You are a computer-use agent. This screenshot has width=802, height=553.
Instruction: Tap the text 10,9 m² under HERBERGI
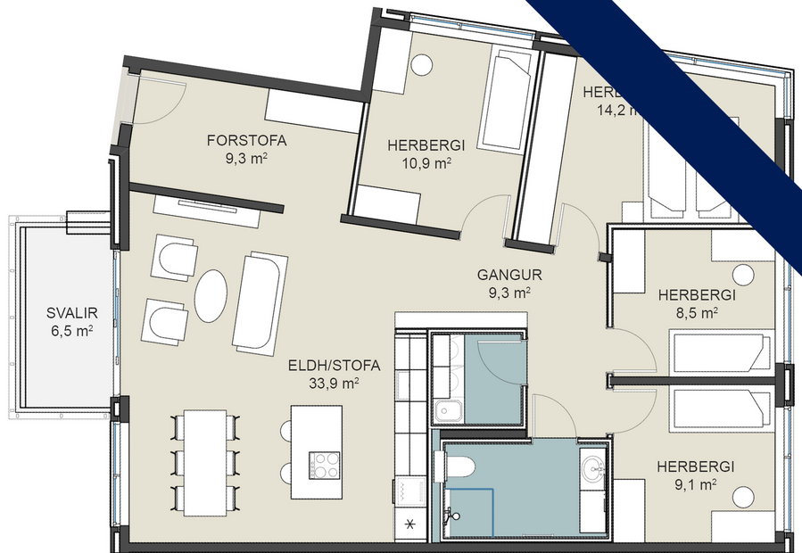pyautogui.click(x=418, y=163)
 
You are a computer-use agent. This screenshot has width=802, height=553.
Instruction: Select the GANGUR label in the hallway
pyautogui.click(x=509, y=275)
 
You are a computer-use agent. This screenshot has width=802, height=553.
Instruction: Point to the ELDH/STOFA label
pyautogui.click(x=335, y=365)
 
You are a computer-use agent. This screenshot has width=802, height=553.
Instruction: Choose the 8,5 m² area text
pyautogui.click(x=696, y=312)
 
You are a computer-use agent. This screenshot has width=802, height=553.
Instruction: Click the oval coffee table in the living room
pyautogui.click(x=212, y=295)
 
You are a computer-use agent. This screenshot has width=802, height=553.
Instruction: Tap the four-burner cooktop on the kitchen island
pyautogui.click(x=325, y=466)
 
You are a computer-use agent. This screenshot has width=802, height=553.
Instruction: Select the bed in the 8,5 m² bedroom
pyautogui.click(x=719, y=353)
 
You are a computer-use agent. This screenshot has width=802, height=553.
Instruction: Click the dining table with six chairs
pyautogui.click(x=204, y=464)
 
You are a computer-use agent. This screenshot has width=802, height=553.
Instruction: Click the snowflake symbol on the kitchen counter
pyautogui.click(x=410, y=524)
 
